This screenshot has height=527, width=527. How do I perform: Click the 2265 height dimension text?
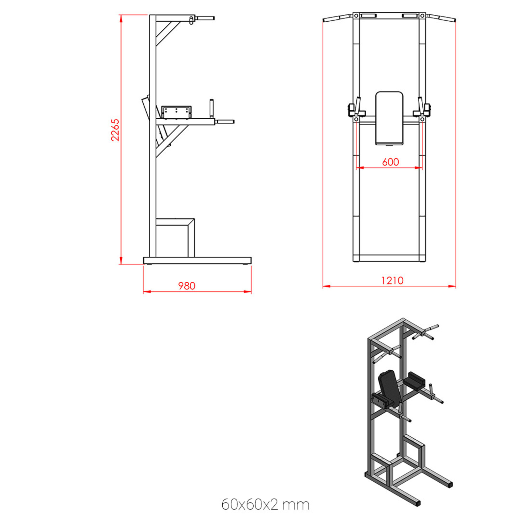115,130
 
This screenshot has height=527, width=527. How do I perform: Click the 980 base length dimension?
187,286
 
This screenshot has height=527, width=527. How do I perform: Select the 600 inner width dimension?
390,162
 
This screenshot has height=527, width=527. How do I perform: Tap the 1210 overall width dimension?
392,280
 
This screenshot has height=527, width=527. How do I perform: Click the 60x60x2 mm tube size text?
265,504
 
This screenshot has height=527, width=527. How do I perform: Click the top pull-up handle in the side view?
205,18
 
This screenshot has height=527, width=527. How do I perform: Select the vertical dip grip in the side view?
211,108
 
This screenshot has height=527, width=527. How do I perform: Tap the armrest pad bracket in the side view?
176,112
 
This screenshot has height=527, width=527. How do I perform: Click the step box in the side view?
175,237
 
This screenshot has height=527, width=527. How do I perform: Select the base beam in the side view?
197,261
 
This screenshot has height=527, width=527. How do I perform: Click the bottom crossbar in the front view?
389,258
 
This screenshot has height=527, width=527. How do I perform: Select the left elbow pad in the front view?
352,110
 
